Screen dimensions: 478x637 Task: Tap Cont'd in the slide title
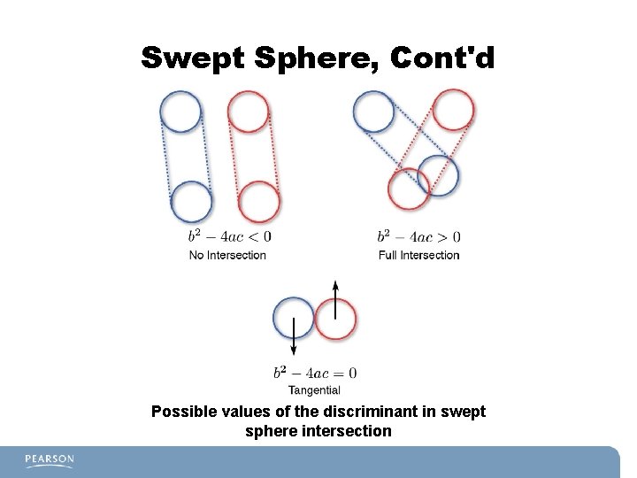(x=439, y=59)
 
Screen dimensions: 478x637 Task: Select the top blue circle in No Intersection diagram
(x=180, y=114)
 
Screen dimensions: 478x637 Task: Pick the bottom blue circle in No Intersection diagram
(x=191, y=202)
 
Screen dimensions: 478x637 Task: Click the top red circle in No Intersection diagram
(x=249, y=112)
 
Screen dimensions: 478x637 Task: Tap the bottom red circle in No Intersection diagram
(x=259, y=202)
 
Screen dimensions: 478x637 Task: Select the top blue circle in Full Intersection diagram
(x=373, y=112)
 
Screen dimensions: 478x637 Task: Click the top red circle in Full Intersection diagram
(x=453, y=109)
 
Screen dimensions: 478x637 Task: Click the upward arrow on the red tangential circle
(x=335, y=297)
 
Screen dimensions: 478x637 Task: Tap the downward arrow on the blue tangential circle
(x=293, y=338)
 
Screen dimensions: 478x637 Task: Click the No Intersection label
(x=227, y=255)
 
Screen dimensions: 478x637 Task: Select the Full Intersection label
(x=418, y=255)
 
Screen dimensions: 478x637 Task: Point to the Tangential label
(x=314, y=389)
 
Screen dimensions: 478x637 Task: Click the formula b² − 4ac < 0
(x=229, y=236)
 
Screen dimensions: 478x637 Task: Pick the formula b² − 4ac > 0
(x=418, y=236)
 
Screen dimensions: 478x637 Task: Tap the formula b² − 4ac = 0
(x=314, y=372)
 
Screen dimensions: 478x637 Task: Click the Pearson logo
(x=50, y=460)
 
